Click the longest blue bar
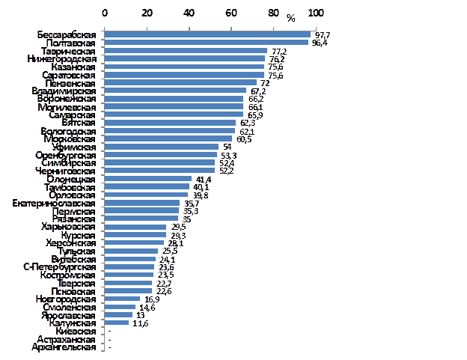click(207, 34)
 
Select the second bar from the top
click(206, 43)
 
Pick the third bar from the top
click(186, 51)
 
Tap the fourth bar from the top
click(185, 58)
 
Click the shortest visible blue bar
click(117, 323)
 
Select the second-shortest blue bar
click(118, 314)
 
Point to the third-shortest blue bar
click(120, 307)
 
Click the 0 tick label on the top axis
click(105, 13)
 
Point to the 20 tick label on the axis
click(147, 13)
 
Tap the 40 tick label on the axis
click(189, 13)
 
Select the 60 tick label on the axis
click(232, 13)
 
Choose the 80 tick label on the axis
click(274, 13)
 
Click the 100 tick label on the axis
click(317, 13)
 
